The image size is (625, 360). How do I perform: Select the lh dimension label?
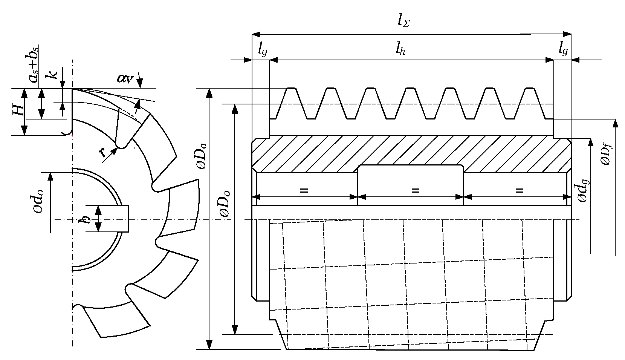(x=400, y=49)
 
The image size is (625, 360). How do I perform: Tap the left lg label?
(x=262, y=49)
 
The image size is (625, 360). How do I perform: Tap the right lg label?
(x=563, y=49)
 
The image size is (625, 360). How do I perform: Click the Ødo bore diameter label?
(x=39, y=201)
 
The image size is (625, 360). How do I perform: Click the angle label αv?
(x=125, y=78)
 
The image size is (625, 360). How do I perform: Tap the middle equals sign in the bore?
(x=415, y=191)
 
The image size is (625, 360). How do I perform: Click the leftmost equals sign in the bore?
(x=304, y=191)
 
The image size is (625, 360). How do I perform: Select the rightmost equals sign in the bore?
(x=519, y=191)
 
